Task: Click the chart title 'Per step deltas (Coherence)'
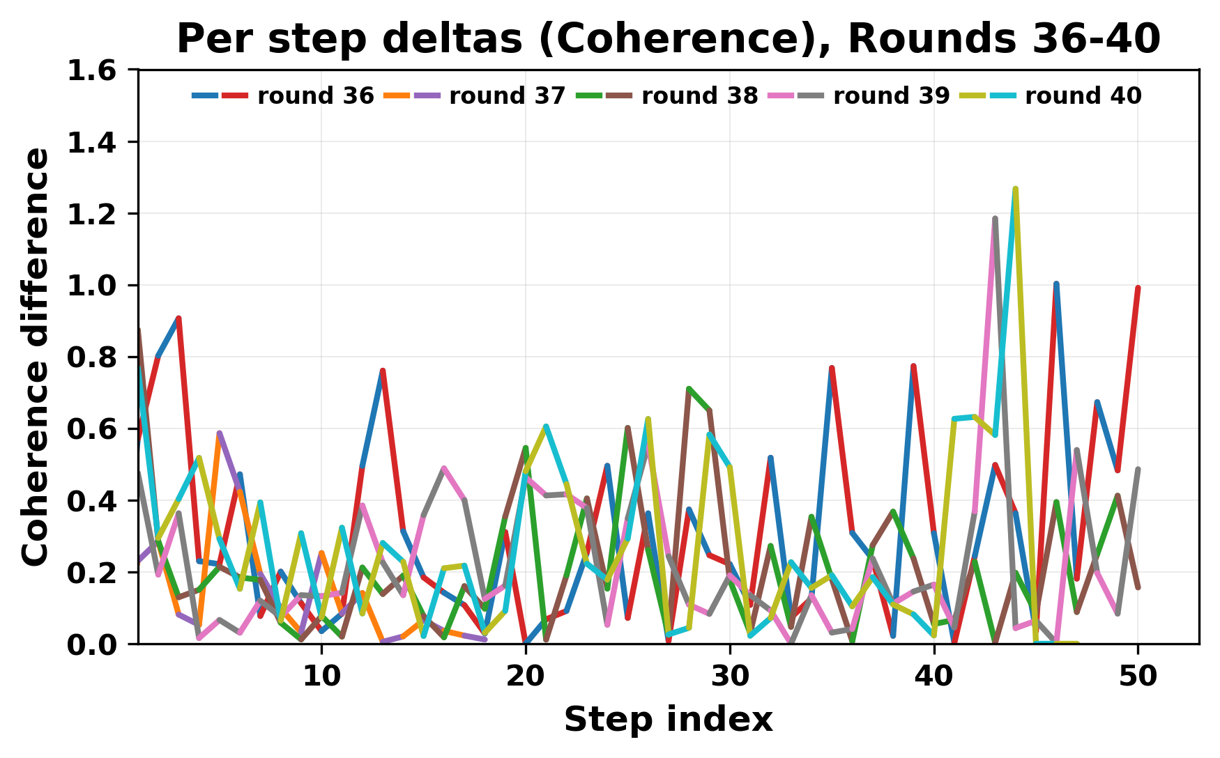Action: coord(668,39)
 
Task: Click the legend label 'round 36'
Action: coord(315,96)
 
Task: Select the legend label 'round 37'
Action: coord(507,96)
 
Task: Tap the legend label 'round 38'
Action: coord(699,96)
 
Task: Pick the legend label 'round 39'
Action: coord(891,96)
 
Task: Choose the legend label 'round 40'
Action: coord(1083,96)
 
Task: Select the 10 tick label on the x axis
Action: coord(321,676)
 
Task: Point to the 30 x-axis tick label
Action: coord(730,676)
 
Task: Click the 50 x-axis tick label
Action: coord(1138,676)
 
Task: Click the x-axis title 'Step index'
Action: coord(668,720)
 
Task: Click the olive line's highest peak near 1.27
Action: coord(1016,189)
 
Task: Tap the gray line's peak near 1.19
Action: coord(995,218)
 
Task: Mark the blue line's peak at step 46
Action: coord(1056,284)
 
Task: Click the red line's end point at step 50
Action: coord(1138,288)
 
